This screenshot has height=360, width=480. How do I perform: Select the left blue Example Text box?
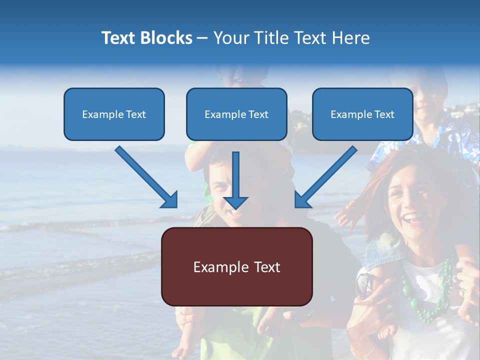(x=114, y=114)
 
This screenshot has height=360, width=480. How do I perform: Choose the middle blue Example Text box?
(x=236, y=114)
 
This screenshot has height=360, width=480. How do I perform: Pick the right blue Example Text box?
(x=362, y=114)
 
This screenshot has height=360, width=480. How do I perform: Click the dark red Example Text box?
(x=236, y=266)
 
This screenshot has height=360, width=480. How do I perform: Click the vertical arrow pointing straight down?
(x=235, y=180)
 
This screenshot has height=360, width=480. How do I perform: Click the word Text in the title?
(x=119, y=37)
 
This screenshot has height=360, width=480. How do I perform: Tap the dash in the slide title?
(x=202, y=38)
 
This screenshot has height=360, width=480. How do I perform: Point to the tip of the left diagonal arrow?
(x=176, y=206)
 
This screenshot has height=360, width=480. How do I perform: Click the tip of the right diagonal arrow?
(x=296, y=206)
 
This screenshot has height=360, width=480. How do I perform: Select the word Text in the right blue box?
(x=384, y=114)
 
